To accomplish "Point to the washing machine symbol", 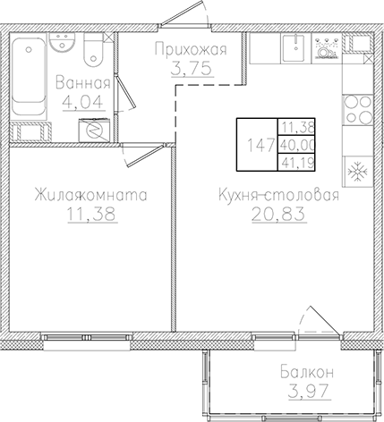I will point(91,129).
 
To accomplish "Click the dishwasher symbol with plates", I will point(326,50).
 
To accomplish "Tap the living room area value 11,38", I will point(87,213).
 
